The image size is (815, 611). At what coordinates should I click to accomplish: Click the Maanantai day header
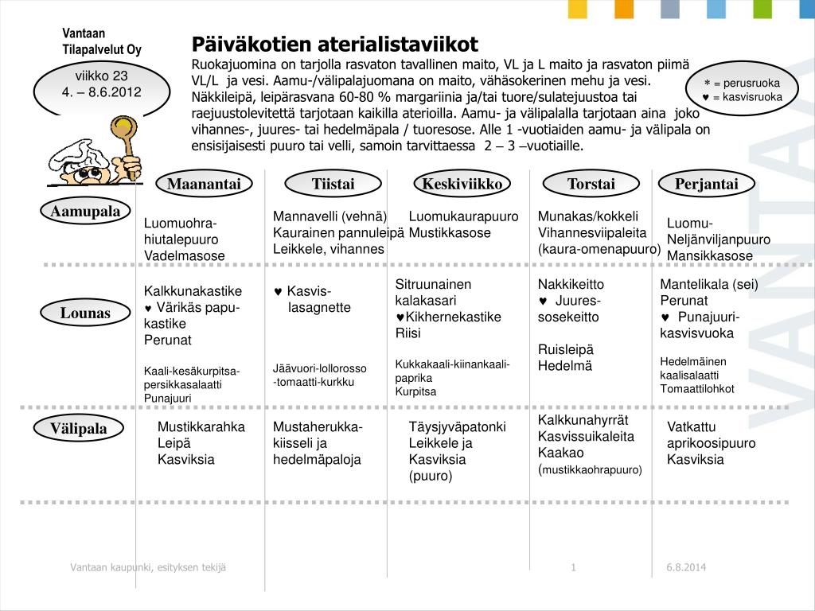click(204, 185)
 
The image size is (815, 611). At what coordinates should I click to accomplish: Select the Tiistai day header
click(333, 185)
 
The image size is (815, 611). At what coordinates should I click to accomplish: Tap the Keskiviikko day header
click(462, 185)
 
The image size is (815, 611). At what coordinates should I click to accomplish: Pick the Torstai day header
click(591, 185)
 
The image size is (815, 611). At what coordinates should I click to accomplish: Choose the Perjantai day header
click(706, 185)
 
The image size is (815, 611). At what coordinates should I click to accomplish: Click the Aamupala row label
click(85, 211)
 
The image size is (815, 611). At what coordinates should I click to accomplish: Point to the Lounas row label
click(85, 313)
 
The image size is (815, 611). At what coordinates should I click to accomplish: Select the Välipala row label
click(79, 429)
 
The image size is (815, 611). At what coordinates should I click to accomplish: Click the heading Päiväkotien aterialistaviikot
click(335, 44)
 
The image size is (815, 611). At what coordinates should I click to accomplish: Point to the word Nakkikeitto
click(571, 284)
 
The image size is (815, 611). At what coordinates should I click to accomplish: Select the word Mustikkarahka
click(201, 427)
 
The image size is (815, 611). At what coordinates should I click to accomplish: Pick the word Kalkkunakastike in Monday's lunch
click(193, 291)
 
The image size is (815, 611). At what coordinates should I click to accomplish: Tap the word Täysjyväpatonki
click(457, 427)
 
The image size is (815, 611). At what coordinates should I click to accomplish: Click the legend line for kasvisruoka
click(743, 97)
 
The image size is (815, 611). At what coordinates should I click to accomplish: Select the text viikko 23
click(101, 76)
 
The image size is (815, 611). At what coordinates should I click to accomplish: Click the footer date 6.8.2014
click(686, 567)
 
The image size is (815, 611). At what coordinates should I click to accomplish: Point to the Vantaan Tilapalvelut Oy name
click(102, 41)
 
